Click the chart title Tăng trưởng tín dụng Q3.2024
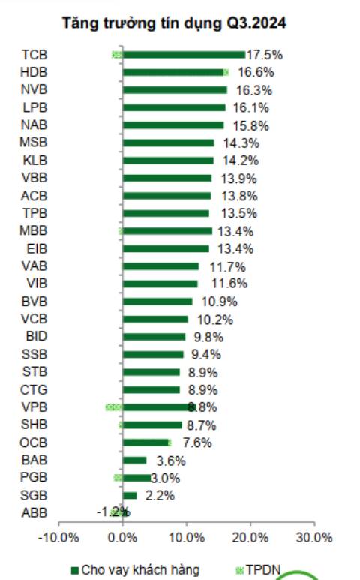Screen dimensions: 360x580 [174, 23]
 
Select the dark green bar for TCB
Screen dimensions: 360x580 [184, 55]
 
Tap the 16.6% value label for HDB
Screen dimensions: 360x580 [256, 72]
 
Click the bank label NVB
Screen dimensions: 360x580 [34, 90]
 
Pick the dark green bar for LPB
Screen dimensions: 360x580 [174, 107]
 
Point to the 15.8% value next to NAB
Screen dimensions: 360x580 [250, 126]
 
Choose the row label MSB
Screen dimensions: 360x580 [34, 143]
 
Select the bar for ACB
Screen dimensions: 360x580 [167, 196]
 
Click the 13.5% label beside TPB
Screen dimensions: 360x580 [238, 213]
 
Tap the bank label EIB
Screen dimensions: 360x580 [37, 248]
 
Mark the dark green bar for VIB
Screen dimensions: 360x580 [160, 284]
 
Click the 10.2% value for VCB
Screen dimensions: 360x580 [215, 320]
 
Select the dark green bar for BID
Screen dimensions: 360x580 [154, 337]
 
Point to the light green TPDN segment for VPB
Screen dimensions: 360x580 [114, 407]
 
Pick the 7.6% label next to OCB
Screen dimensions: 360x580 [197, 443]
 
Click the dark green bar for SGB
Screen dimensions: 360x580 [130, 496]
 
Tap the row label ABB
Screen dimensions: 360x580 [34, 513]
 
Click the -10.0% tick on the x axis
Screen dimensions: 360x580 [58, 537]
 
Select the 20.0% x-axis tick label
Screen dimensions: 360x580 [250, 537]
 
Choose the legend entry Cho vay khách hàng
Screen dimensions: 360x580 [135, 570]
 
